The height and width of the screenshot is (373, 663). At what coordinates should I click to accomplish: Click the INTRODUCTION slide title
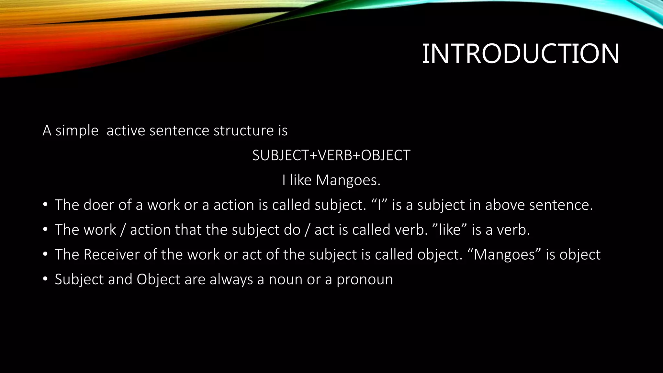click(521, 54)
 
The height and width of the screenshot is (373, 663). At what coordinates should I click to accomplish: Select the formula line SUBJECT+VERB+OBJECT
click(331, 155)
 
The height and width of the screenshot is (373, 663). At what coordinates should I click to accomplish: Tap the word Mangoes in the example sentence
click(348, 180)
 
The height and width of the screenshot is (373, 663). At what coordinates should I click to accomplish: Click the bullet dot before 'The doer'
click(45, 205)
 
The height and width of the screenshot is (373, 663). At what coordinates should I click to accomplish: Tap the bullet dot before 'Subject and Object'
click(45, 279)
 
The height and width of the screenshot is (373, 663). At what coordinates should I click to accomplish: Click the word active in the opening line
click(126, 130)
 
